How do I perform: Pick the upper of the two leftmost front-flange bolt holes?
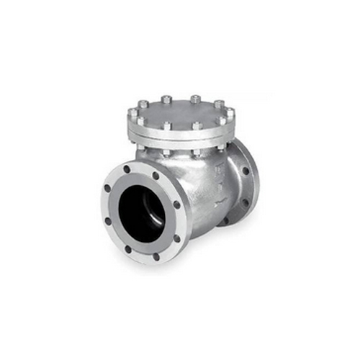coord(108,189)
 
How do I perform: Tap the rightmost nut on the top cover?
coord(231,112)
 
